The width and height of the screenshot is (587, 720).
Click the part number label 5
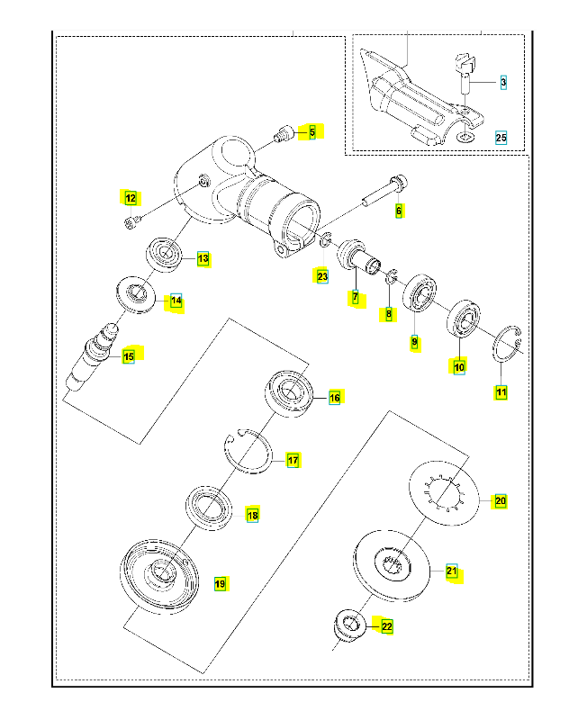click(312, 132)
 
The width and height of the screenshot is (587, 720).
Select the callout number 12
click(131, 198)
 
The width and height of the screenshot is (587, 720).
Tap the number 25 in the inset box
click(501, 138)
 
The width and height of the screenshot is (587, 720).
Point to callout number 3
click(503, 82)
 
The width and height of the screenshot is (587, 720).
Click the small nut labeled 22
click(349, 623)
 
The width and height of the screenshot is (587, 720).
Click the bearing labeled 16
click(290, 392)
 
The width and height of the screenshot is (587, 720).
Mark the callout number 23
click(322, 276)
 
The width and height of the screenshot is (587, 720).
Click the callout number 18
click(252, 516)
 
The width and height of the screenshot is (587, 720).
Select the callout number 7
click(356, 297)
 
